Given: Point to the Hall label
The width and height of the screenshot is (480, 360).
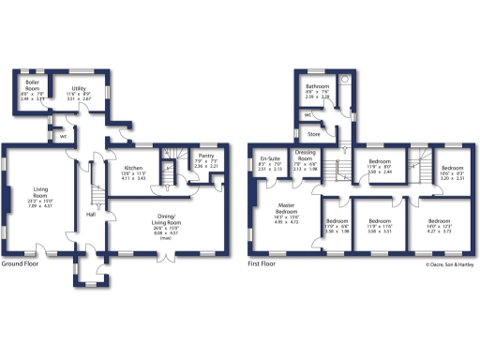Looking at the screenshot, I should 91,215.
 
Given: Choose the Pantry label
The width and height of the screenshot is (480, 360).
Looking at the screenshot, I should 206,157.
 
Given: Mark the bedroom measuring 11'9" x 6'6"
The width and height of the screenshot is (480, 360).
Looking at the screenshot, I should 336,227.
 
